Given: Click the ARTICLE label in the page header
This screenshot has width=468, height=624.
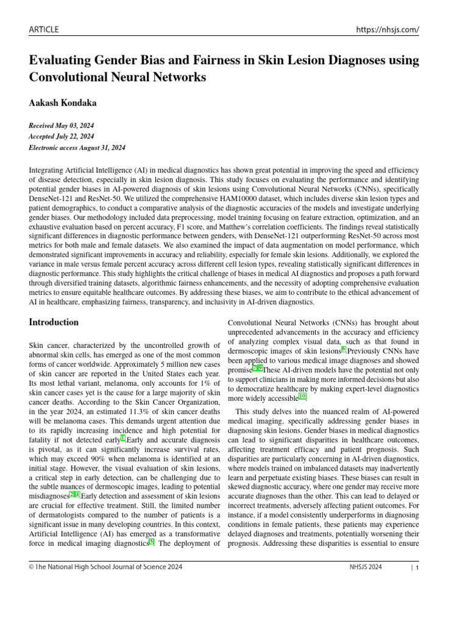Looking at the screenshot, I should [44, 30].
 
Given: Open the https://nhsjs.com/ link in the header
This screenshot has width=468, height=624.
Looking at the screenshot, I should [388, 30].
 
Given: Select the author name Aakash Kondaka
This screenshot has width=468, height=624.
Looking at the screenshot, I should [63, 103].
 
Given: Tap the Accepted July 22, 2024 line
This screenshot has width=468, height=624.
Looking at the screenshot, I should [62, 136].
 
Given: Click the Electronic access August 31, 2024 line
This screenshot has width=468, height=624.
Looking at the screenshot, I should [77, 147].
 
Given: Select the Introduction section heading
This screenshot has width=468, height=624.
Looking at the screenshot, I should [54, 322].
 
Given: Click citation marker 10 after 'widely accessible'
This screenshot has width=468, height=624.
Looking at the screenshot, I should [303, 396].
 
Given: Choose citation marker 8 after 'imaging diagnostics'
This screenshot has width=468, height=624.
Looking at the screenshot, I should [152, 542].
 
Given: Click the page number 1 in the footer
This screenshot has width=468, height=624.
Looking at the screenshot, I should [417, 567].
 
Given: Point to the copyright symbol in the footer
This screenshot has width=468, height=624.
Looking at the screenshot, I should [32, 567].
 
